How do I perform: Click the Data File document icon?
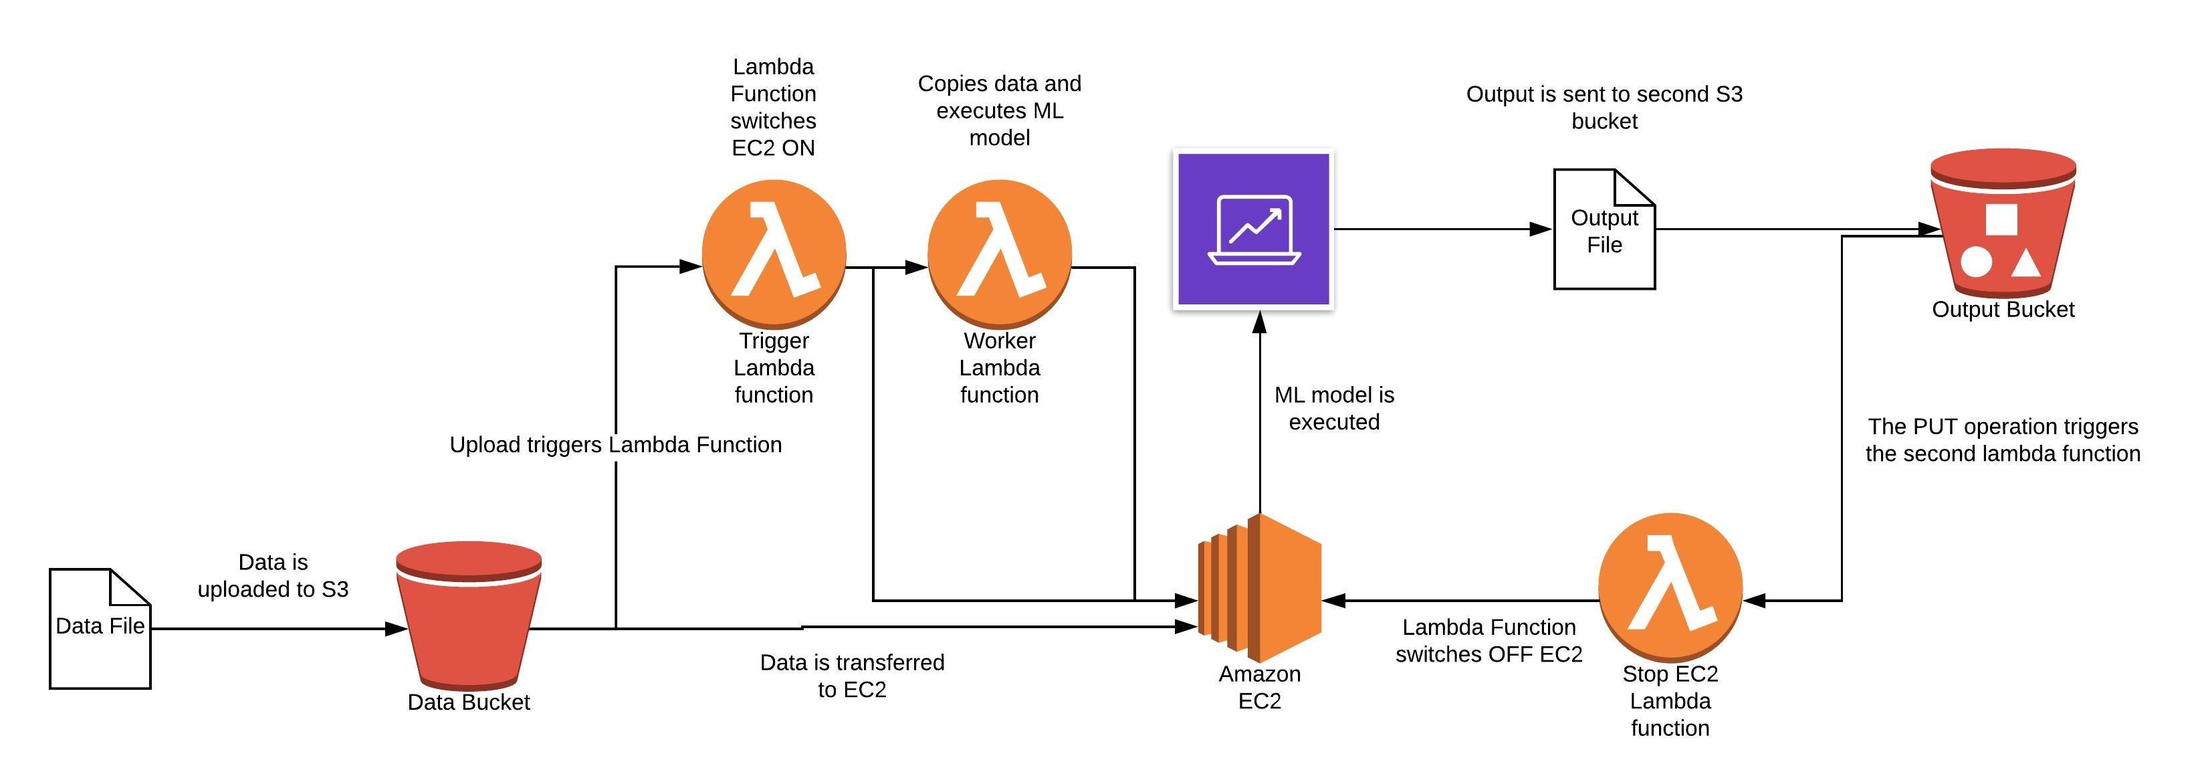pyautogui.click(x=100, y=628)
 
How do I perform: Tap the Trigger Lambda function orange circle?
pyautogui.click(x=774, y=254)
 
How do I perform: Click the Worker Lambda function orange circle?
pyautogui.click(x=999, y=254)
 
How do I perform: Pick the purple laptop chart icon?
pyautogui.click(x=1253, y=229)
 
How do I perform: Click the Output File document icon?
pyautogui.click(x=1604, y=229)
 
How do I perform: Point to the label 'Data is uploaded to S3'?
pyautogui.click(x=273, y=575)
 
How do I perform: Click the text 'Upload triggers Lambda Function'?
pyautogui.click(x=616, y=444)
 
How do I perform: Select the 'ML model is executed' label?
pyautogui.click(x=1334, y=408)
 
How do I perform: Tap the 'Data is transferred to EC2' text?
pyautogui.click(x=852, y=676)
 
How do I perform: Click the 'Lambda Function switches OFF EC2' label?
pyautogui.click(x=1489, y=640)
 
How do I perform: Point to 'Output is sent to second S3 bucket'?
pyautogui.click(x=1604, y=107)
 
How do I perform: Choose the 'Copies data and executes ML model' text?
pyautogui.click(x=999, y=110)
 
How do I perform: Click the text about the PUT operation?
pyautogui.click(x=2003, y=440)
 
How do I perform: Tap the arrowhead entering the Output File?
pyautogui.click(x=1541, y=229)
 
